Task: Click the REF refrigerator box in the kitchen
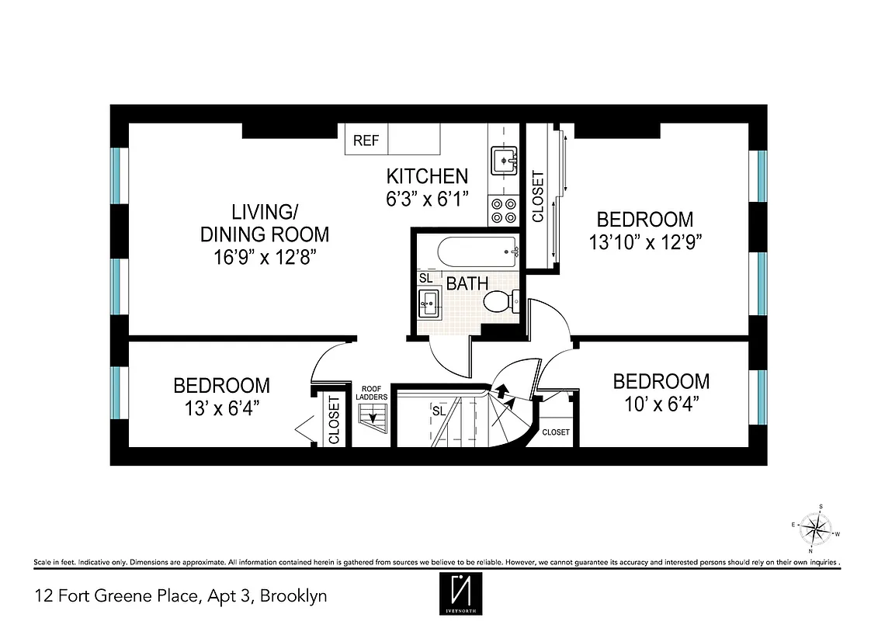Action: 366,141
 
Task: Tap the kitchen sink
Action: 504,161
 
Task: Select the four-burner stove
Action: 504,210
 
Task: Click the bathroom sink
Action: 429,302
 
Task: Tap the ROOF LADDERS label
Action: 373,393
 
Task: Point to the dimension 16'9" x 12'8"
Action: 265,258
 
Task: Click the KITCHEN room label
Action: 427,176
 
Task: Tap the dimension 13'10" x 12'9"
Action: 645,242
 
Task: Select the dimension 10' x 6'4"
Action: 661,404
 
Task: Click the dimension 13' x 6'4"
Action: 221,408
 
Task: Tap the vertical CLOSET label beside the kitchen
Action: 537,196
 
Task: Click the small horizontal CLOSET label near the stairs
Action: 556,432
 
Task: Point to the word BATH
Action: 467,284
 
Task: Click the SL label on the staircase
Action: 439,411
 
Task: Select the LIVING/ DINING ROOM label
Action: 265,223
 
